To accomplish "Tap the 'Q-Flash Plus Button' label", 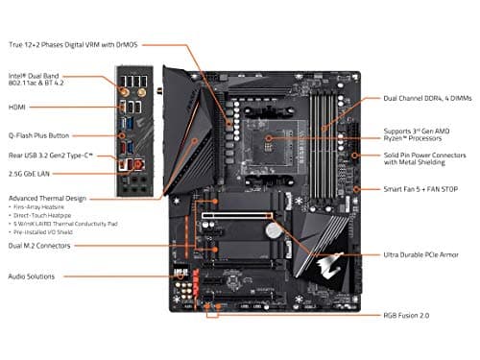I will (x=44, y=135).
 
